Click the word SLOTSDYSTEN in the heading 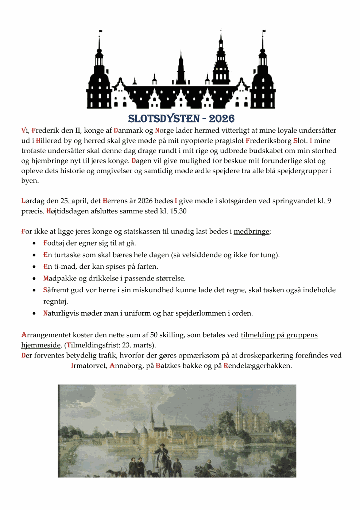(164, 119)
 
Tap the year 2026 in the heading (221, 119)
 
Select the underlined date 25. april (74, 201)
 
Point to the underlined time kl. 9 (324, 201)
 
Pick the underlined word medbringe (251, 232)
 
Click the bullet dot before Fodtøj (34, 243)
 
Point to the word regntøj (55, 302)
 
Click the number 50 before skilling (154, 335)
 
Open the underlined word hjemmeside (41, 345)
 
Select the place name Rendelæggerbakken (257, 366)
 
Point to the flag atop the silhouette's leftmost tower (101, 32)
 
